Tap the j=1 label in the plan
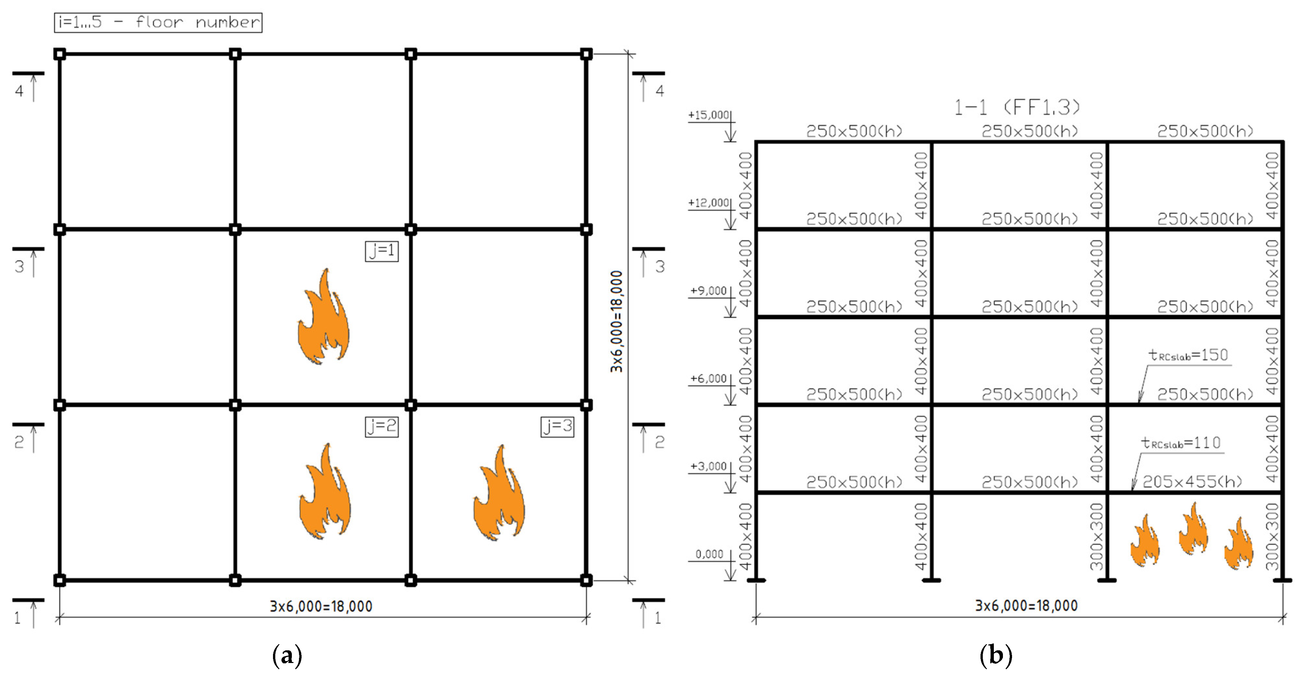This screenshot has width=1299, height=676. (382, 251)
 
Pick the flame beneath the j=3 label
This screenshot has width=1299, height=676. (499, 493)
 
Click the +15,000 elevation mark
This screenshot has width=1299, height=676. (709, 115)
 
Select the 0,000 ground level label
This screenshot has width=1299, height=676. (709, 554)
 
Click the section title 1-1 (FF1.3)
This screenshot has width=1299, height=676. (1017, 107)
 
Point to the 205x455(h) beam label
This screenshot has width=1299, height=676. (1192, 482)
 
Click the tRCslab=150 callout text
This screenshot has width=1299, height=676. (1189, 356)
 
